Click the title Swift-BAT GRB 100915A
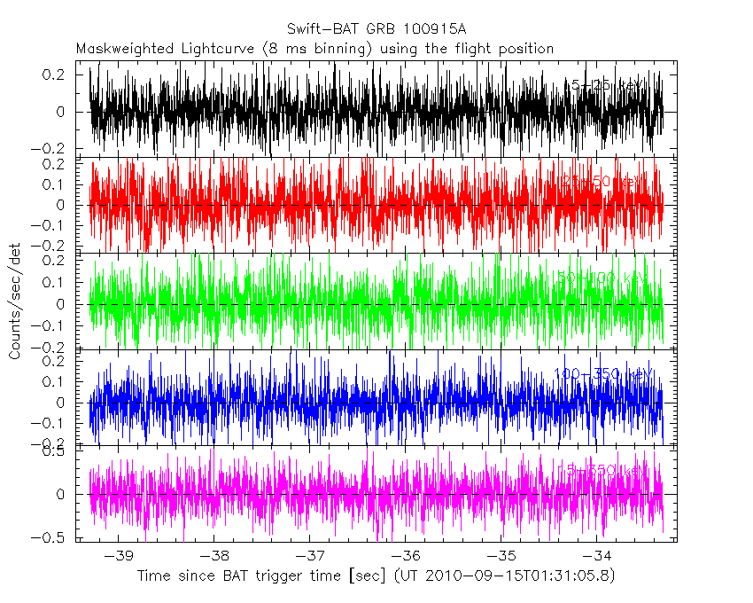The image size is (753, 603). [x=376, y=29]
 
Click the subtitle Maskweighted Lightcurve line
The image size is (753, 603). [x=314, y=48]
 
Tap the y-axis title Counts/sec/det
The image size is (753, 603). [x=15, y=303]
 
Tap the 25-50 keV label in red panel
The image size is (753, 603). [x=602, y=181]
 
